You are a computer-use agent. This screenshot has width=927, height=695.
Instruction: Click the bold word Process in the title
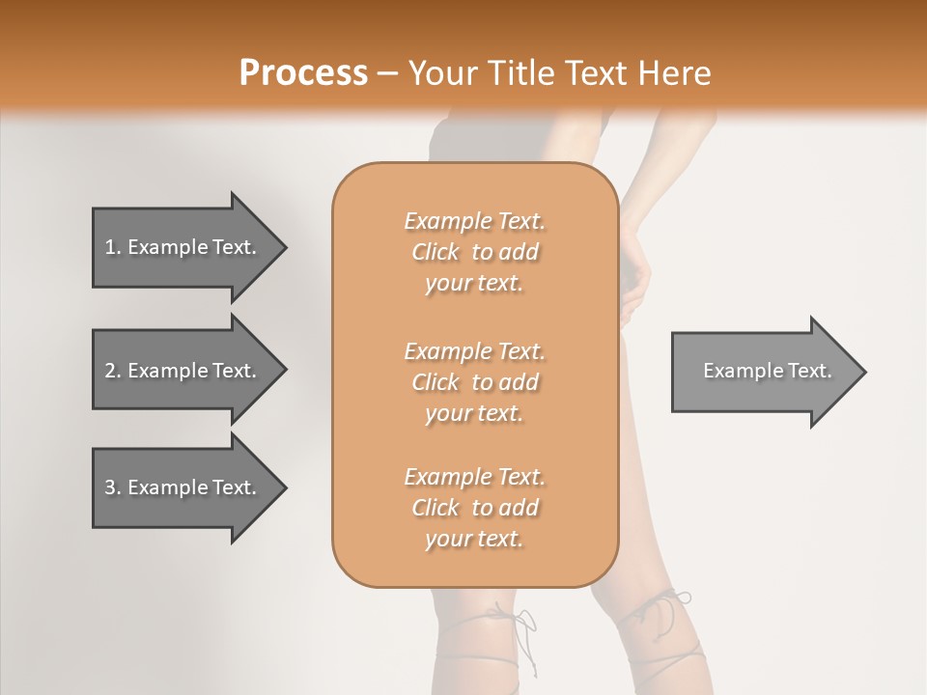(x=303, y=73)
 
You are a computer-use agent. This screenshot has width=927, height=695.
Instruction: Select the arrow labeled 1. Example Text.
(x=183, y=247)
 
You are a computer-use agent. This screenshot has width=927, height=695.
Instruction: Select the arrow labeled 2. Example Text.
(x=183, y=371)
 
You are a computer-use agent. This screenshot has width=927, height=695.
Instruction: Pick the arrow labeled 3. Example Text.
(x=183, y=487)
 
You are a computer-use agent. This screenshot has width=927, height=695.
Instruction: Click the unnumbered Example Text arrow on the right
(x=763, y=372)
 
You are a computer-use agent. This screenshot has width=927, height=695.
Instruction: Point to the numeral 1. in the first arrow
(x=112, y=247)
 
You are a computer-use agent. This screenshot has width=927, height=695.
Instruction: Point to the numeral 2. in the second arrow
(x=112, y=371)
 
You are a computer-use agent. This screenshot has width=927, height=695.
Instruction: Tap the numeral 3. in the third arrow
(x=112, y=487)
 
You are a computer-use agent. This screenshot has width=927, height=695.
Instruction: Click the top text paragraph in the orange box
(x=474, y=252)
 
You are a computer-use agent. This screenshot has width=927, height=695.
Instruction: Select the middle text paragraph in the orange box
(x=474, y=382)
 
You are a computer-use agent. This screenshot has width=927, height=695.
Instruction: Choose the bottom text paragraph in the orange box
(x=474, y=508)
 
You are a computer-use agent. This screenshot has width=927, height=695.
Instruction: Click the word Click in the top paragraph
(x=435, y=252)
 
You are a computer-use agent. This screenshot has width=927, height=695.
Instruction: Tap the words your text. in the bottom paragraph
(x=474, y=540)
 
